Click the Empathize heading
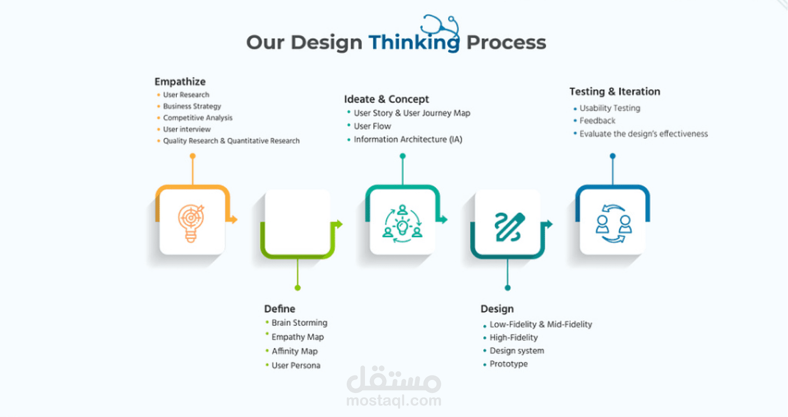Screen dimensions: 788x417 click(x=180, y=81)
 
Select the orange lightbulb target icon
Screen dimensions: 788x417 click(x=191, y=223)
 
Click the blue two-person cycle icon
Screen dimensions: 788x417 click(x=614, y=224)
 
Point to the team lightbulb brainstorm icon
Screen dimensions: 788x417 click(x=402, y=224)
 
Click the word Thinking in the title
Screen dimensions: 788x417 click(x=414, y=42)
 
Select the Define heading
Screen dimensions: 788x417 click(x=280, y=309)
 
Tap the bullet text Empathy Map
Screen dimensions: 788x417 click(x=297, y=337)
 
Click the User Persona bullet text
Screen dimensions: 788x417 click(x=296, y=365)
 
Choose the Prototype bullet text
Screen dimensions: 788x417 click(x=509, y=364)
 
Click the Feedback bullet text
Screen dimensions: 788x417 click(x=597, y=121)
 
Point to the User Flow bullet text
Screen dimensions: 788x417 click(x=372, y=126)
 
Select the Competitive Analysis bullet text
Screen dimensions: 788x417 click(x=197, y=118)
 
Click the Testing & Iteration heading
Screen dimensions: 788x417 click(x=615, y=92)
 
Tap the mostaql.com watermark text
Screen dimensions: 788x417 click(x=394, y=401)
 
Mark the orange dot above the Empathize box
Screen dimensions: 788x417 click(x=193, y=156)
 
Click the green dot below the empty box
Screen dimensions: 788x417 click(x=297, y=288)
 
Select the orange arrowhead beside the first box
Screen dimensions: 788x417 click(x=234, y=219)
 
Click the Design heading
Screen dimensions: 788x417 click(x=497, y=309)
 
